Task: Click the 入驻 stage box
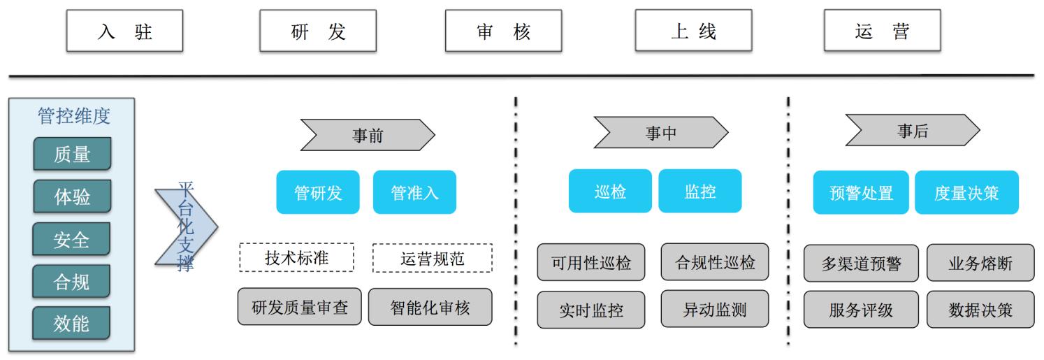(124, 31)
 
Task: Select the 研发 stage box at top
(318, 31)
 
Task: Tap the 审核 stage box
(503, 31)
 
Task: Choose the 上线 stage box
(693, 31)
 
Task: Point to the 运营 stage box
(882, 31)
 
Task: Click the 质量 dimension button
(72, 154)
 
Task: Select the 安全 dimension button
(72, 240)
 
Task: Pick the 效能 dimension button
(72, 323)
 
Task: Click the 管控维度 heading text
(73, 116)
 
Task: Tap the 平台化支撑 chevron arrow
(185, 226)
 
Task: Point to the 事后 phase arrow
(913, 131)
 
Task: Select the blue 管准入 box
(414, 192)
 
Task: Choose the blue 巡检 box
(610, 191)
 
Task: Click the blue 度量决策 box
(966, 192)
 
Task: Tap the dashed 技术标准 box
(296, 258)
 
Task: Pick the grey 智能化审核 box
(430, 307)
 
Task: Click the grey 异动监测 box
(714, 309)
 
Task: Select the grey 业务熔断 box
(980, 263)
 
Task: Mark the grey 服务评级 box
(861, 310)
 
